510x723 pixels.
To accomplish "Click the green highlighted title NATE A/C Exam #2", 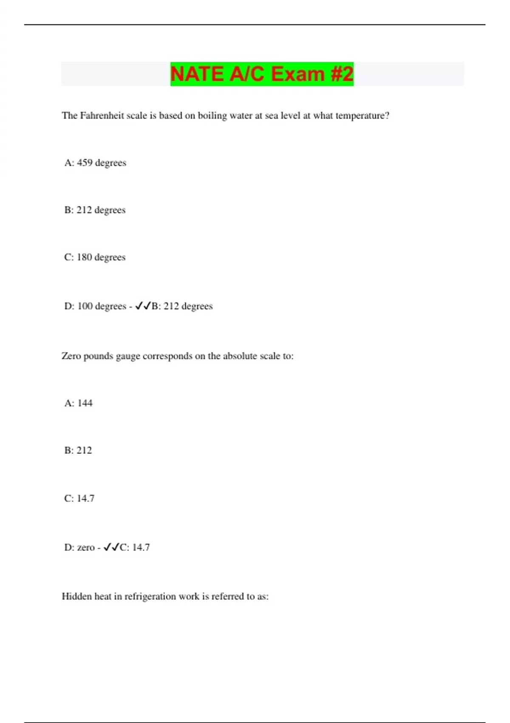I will pyautogui.click(x=262, y=74).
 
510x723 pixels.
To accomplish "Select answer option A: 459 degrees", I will pyautogui.click(x=95, y=163).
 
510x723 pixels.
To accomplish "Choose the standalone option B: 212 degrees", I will pyautogui.click(x=95, y=210).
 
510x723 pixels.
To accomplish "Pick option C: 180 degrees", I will pyautogui.click(x=95, y=257).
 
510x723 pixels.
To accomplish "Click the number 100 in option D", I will pyautogui.click(x=85, y=306).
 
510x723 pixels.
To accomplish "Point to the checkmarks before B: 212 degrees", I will pyautogui.click(x=143, y=306).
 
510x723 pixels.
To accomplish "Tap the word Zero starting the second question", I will pyautogui.click(x=71, y=356).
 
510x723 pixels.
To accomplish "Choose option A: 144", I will pyautogui.click(x=78, y=403).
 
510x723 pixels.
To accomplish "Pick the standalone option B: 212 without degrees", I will pyautogui.click(x=78, y=450).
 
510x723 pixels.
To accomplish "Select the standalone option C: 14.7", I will pyautogui.click(x=79, y=498).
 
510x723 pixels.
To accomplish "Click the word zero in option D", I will pyautogui.click(x=86, y=548).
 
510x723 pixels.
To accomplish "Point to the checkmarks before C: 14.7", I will pyautogui.click(x=111, y=547).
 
